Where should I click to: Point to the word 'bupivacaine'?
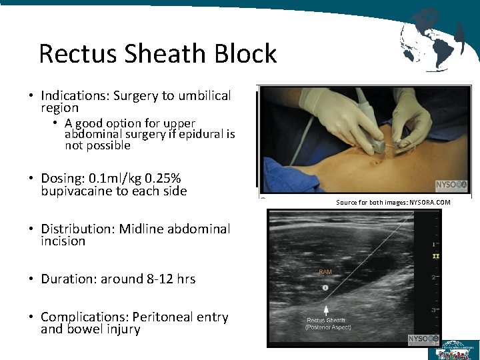click(81, 191)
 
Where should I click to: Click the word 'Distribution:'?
click(78, 229)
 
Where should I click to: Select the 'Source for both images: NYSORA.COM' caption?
click(393, 202)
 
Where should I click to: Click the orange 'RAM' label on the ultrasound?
click(326, 271)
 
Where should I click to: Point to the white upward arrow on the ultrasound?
click(326, 310)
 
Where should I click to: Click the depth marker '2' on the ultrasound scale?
click(433, 277)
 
